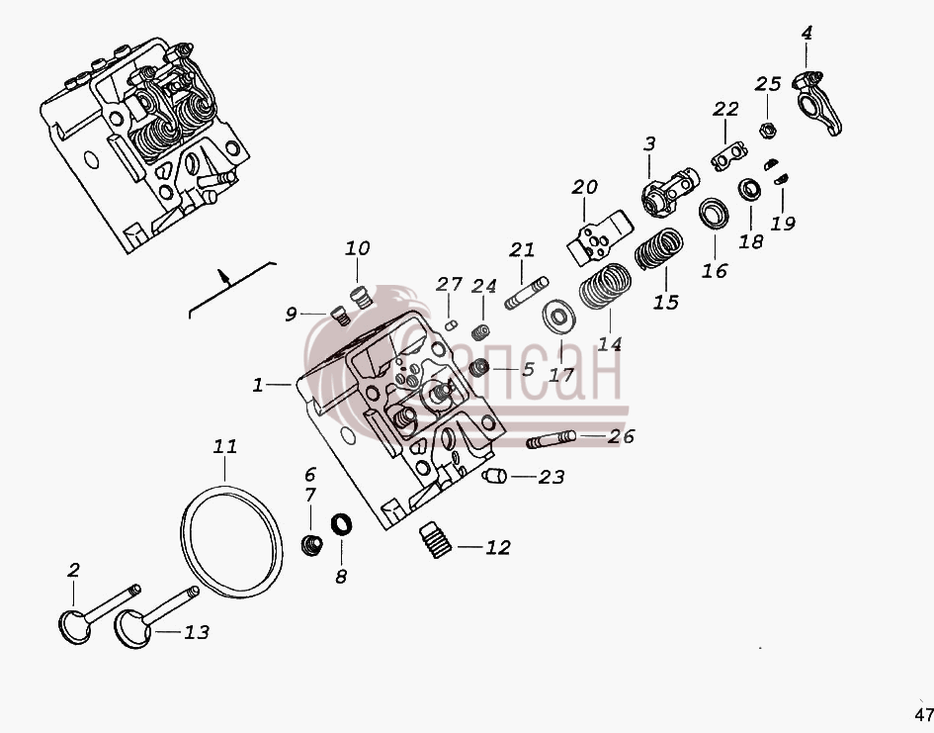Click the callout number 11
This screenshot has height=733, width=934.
[x=225, y=446]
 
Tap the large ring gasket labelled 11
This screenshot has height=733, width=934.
[x=181, y=536]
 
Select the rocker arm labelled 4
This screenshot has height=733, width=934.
[x=816, y=102]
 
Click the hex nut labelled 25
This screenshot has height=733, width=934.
[x=767, y=130]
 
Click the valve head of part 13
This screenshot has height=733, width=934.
[x=132, y=629]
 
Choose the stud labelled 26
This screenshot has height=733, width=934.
[x=551, y=439]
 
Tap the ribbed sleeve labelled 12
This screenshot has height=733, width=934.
[x=437, y=539]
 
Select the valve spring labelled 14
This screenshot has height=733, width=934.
[x=605, y=286]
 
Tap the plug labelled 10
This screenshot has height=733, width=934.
[x=361, y=296]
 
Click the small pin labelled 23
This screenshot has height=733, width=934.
[x=494, y=476]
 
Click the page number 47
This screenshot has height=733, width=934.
[x=924, y=714]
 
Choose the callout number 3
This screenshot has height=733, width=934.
[x=649, y=143]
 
